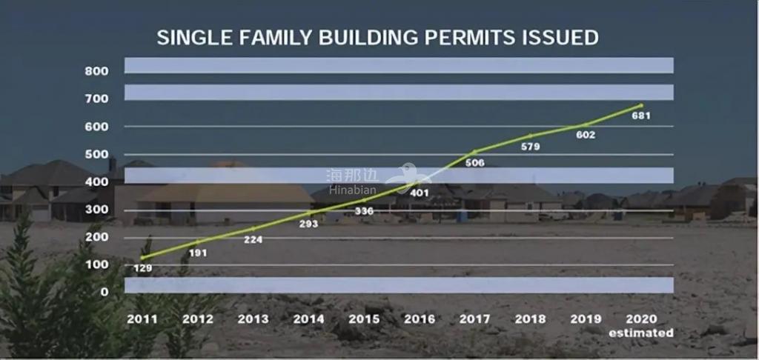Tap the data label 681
coord(641,116)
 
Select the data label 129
coord(142,268)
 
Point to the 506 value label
coord(475,163)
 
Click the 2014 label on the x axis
coord(309,319)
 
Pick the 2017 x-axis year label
coord(474,319)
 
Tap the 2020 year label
coord(641,319)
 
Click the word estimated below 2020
coord(641,333)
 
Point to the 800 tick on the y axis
coord(97,71)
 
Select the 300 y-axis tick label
coord(97,210)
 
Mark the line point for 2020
coord(641,105)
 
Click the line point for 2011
coord(142,258)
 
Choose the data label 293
coord(309,224)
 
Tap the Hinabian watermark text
coord(352,190)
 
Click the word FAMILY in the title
coord(275,38)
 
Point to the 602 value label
coord(586,135)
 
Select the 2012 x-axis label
coord(197,319)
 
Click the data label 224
coord(253,239)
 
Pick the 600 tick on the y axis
coord(97,126)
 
